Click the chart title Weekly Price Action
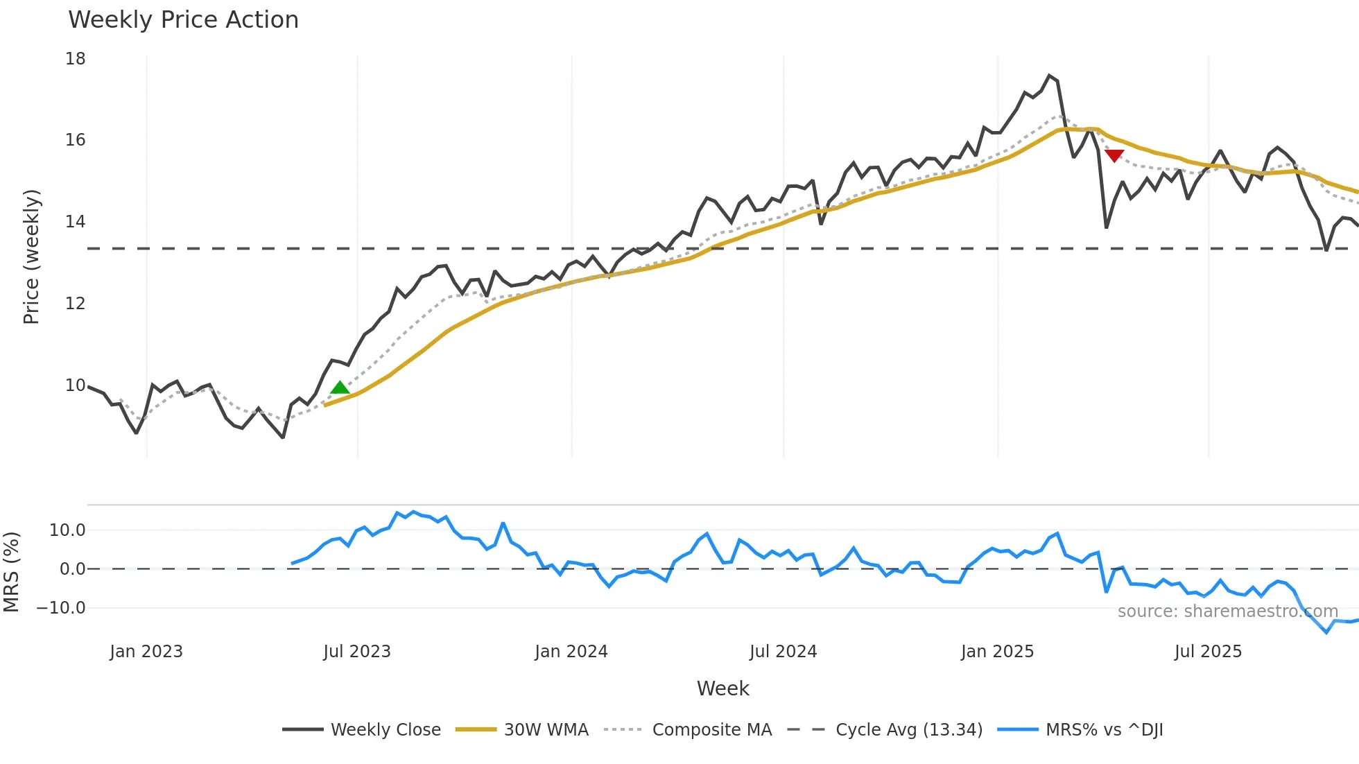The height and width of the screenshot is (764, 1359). coord(183,20)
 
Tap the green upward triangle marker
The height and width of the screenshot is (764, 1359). coord(340,388)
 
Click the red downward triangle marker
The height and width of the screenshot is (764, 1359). coord(1114,156)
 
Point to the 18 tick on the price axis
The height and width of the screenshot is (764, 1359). coord(76,59)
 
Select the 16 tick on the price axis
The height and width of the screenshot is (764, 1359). coord(76,140)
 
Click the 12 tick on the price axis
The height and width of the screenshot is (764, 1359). coord(76,304)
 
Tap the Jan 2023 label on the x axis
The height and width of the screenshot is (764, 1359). coord(146,652)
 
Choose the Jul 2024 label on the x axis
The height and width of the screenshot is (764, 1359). coord(783,652)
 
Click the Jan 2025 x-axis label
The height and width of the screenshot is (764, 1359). coord(997,652)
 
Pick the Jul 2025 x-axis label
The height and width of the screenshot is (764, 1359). coord(1208,652)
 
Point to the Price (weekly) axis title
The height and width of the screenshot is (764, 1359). coord(31,257)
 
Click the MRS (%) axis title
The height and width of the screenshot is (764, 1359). coord(11,572)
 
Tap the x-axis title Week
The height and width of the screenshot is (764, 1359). coord(722,688)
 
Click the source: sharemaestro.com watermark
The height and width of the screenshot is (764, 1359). coord(1227,611)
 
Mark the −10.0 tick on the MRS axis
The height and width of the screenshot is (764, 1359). coord(61,608)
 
